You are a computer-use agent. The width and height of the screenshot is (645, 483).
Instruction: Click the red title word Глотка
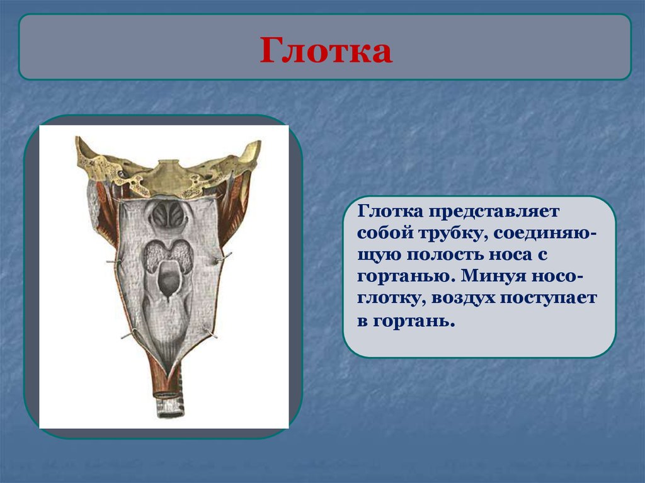point(326,50)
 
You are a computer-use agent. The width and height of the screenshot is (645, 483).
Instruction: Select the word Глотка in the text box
point(390,212)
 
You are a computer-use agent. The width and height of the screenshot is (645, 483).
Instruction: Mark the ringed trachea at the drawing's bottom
point(168,405)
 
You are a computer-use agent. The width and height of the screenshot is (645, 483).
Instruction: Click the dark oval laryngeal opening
point(168,278)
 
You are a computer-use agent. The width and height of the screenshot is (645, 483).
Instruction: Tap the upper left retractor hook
point(113,262)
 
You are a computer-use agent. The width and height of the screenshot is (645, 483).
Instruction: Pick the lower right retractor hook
point(210,332)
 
